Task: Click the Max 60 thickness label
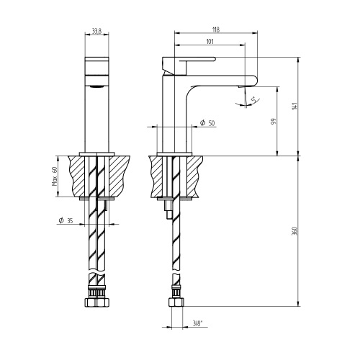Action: pyautogui.click(x=54, y=176)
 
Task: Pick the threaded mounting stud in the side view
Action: pyautogui.click(x=167, y=208)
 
